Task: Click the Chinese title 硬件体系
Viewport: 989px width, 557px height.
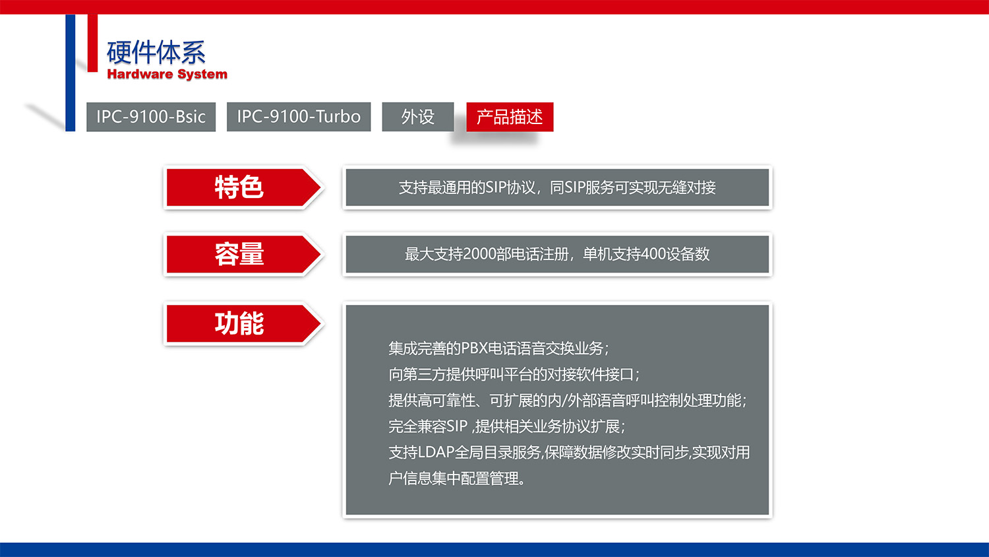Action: click(156, 52)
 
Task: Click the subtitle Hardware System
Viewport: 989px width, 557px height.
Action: click(167, 74)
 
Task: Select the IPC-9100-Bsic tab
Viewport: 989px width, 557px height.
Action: click(151, 117)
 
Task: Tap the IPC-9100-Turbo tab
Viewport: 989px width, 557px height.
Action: click(299, 117)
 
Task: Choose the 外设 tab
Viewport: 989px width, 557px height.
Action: click(418, 117)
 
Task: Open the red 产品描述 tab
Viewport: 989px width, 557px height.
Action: click(510, 117)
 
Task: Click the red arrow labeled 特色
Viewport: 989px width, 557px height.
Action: click(240, 187)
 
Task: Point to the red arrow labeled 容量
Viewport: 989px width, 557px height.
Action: click(240, 255)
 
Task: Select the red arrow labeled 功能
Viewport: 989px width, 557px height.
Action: click(240, 324)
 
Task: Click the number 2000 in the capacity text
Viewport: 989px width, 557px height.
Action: click(479, 254)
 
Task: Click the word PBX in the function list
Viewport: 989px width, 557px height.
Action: click(473, 348)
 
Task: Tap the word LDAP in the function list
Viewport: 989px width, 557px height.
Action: click(436, 452)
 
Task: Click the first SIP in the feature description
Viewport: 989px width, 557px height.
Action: click(496, 187)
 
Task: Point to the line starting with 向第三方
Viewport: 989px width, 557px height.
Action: click(514, 374)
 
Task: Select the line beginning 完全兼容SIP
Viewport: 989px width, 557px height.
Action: click(506, 426)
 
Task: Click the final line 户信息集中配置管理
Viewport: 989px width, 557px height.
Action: click(456, 478)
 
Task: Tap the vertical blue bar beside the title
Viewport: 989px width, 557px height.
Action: click(71, 73)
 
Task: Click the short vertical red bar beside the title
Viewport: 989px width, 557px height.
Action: click(92, 43)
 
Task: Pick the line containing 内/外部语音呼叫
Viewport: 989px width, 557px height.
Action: click(567, 400)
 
